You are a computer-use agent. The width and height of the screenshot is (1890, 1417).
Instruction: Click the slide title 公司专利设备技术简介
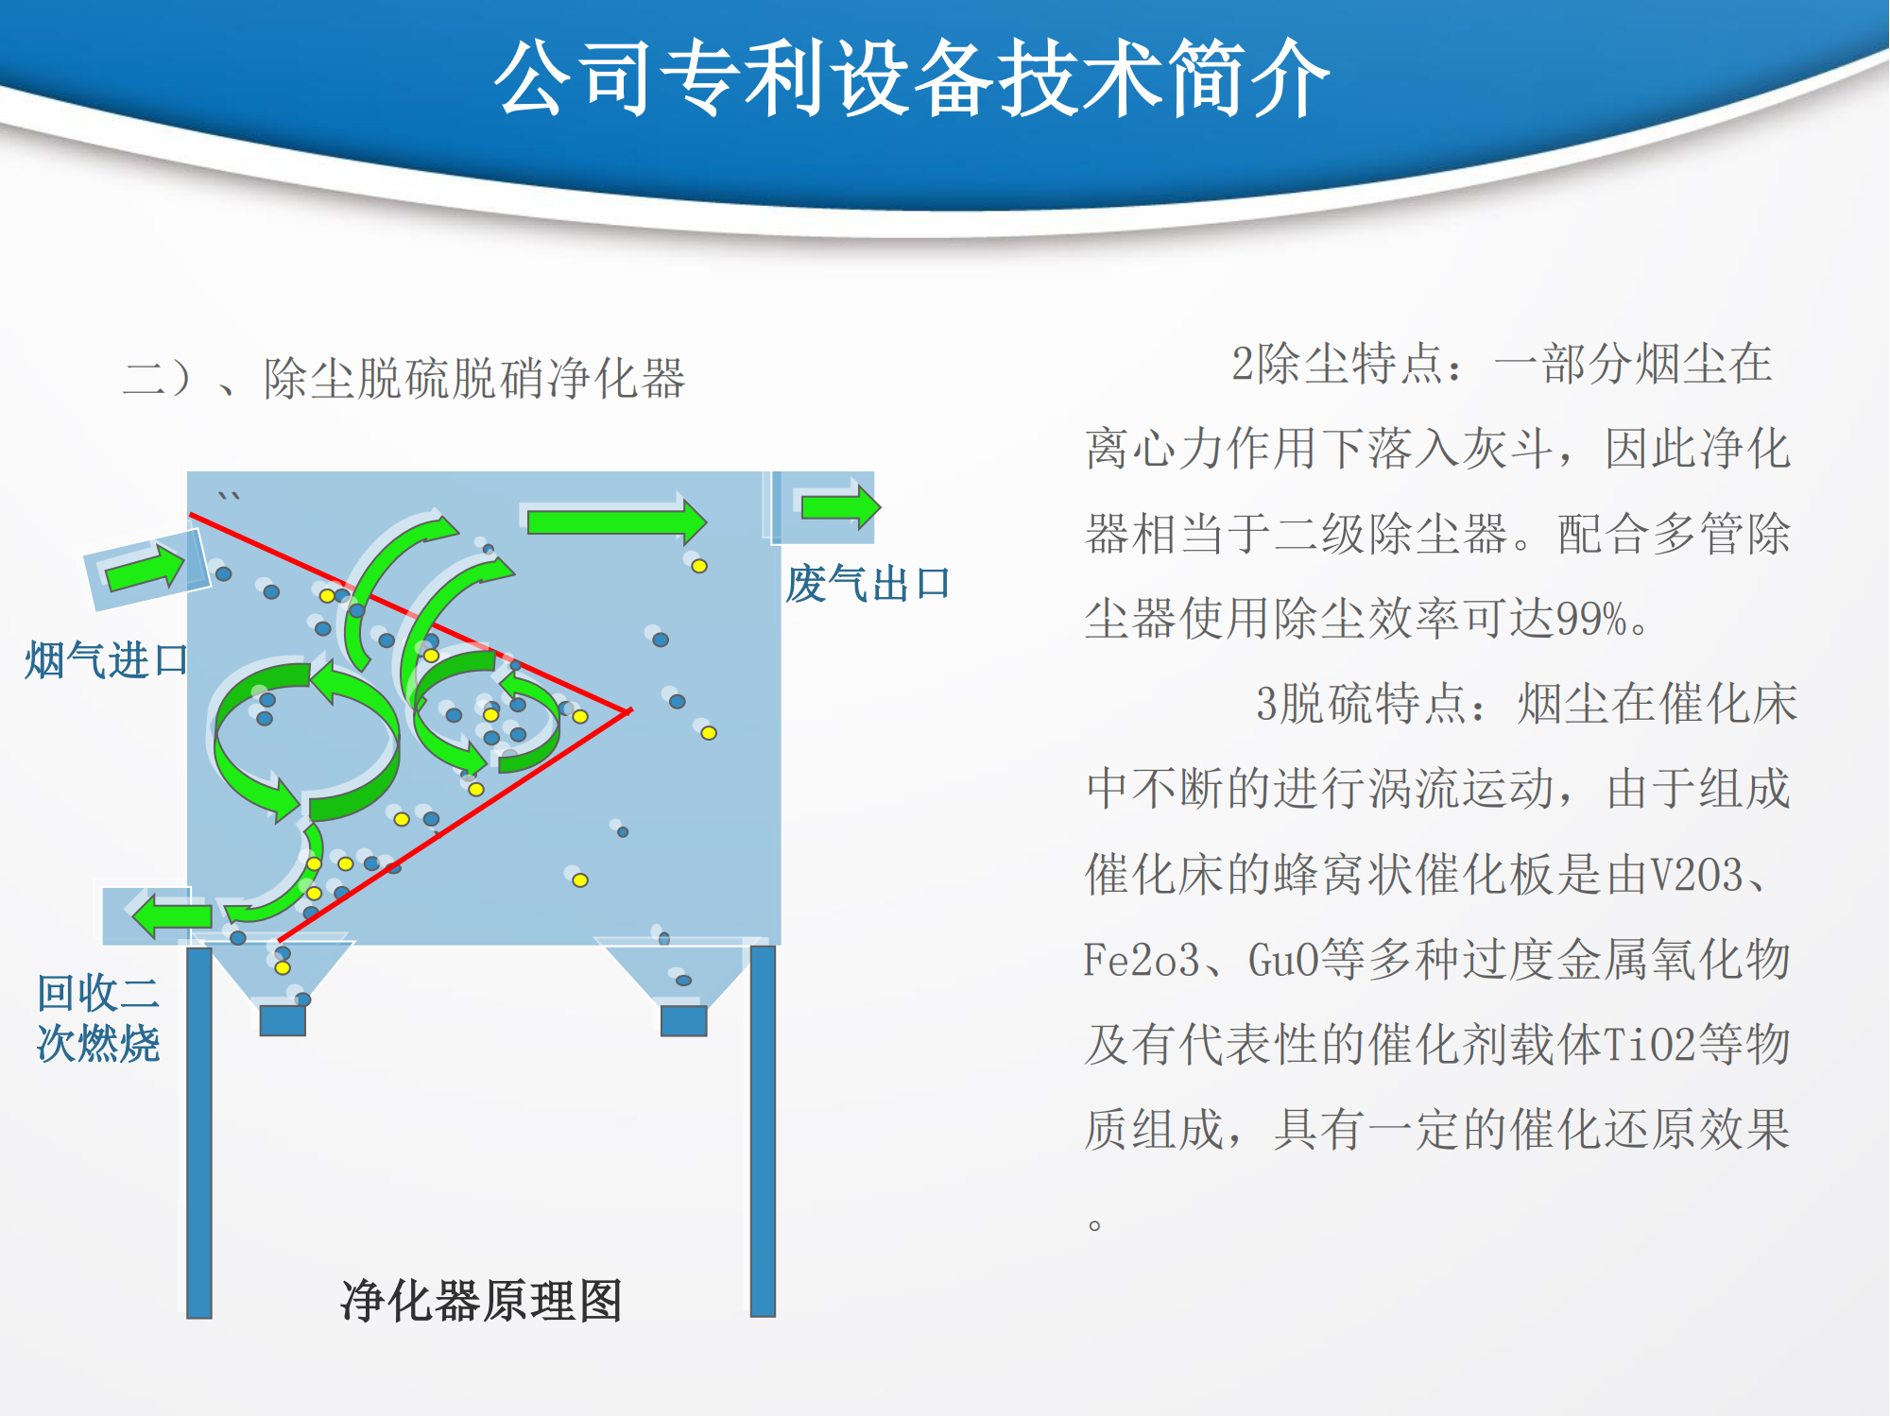coord(912,79)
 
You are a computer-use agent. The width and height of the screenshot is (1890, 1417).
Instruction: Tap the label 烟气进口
coord(107,659)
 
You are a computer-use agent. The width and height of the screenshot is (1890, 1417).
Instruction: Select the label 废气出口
coord(868,584)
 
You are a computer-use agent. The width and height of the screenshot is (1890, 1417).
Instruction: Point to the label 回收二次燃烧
coord(98,1018)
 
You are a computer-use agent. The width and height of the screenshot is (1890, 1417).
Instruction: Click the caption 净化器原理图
coord(481,1301)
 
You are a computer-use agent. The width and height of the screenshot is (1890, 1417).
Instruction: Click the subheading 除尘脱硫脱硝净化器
coord(474,379)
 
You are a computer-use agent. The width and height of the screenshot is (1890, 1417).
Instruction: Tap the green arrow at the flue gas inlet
coord(145,567)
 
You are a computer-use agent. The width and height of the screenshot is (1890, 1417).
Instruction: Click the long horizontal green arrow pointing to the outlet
coord(617,521)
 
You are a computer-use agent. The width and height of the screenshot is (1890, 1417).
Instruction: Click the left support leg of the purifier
coord(199,1132)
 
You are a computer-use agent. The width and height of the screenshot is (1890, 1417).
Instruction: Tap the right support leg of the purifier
coord(763,1131)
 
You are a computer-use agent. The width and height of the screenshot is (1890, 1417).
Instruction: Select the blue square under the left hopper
coord(283,1020)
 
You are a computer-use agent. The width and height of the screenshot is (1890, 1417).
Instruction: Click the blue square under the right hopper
coord(684,1020)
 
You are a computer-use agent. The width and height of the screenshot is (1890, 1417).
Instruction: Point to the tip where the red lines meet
coord(630,710)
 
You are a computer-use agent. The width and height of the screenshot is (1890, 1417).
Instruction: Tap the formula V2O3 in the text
coord(1696,875)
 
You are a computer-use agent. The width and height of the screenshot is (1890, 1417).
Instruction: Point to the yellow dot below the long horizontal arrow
coord(699,566)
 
